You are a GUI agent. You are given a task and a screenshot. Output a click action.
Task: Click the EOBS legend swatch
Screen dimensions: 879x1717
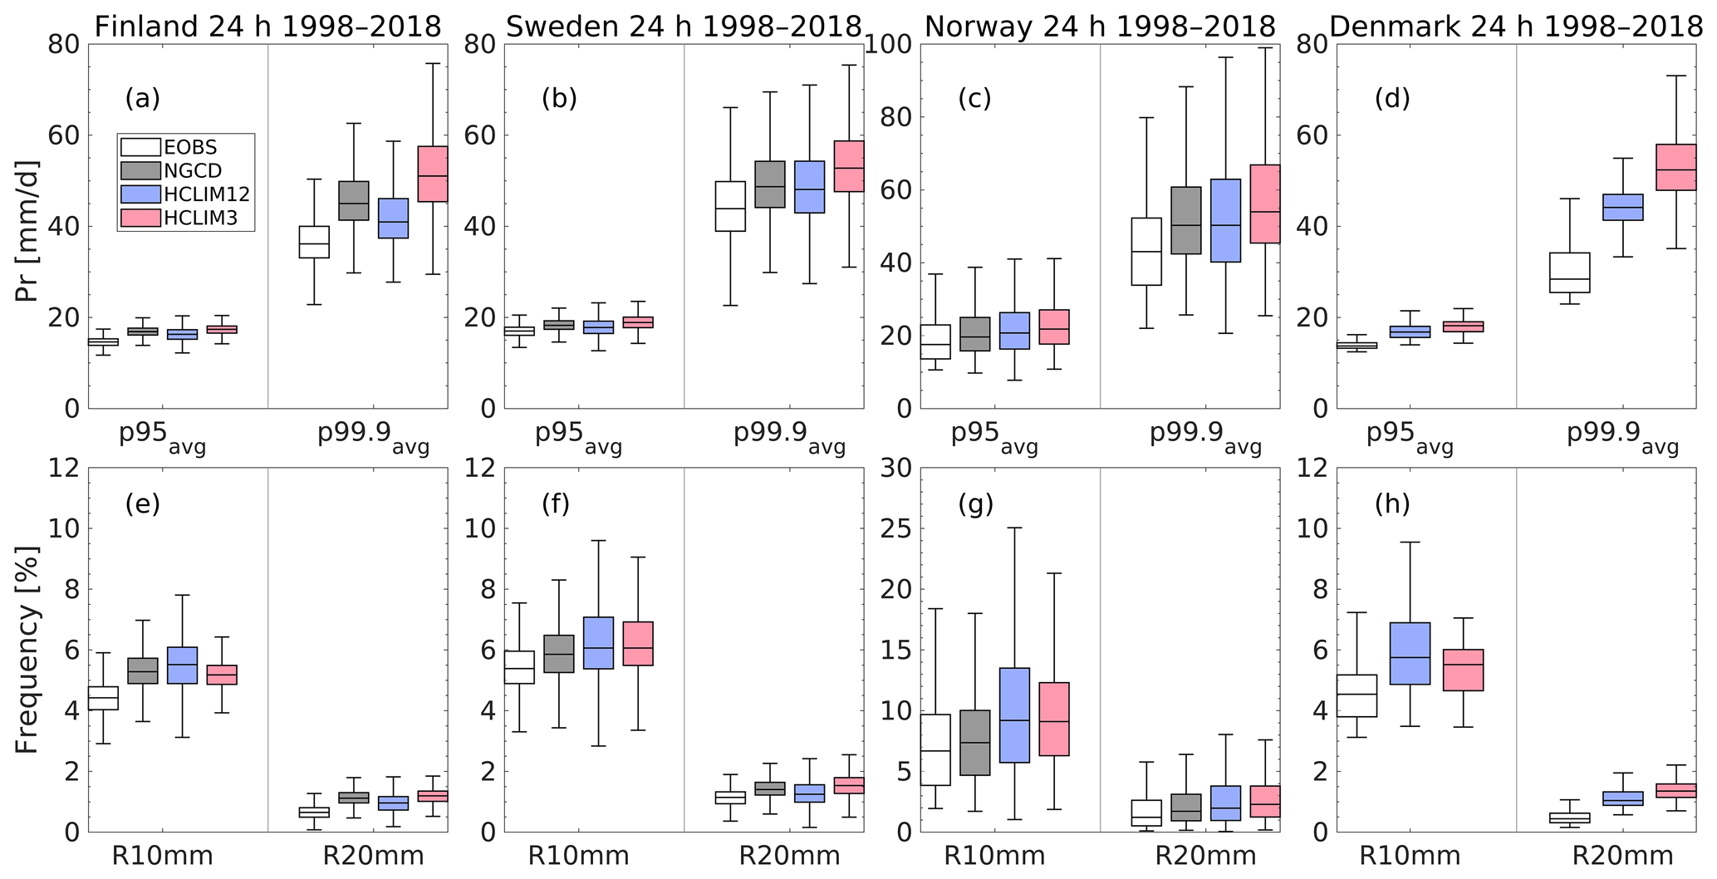coord(140,148)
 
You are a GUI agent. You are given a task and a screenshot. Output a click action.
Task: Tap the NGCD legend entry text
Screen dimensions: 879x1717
coord(193,171)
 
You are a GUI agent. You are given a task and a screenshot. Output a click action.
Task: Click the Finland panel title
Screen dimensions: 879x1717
coord(267,27)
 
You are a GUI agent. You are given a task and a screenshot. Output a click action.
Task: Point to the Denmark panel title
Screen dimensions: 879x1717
coord(1516,27)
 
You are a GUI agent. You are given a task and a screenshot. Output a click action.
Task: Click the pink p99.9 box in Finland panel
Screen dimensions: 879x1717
coord(433,174)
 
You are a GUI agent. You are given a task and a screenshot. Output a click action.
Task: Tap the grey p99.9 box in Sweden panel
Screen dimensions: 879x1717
coord(770,184)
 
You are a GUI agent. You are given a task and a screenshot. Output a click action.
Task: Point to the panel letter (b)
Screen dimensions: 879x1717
coord(559,98)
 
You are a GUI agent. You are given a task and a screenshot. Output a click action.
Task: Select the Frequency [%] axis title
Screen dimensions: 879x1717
coord(27,650)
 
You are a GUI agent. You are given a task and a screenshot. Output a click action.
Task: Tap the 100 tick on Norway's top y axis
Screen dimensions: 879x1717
coord(889,44)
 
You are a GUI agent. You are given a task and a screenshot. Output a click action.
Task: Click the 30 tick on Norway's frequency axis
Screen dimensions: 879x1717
coord(895,468)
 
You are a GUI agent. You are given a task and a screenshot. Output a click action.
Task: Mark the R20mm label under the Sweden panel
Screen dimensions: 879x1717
coord(789,856)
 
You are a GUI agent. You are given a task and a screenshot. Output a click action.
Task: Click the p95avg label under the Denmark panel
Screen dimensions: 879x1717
coord(1410,436)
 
